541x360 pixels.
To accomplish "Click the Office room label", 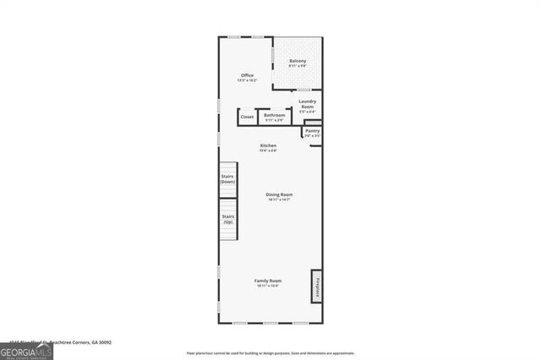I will click(247, 75).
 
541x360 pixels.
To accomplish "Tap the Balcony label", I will click(298, 61).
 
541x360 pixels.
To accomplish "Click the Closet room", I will click(247, 117).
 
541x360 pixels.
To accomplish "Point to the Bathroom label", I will click(275, 115).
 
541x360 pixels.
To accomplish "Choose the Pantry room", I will click(312, 132).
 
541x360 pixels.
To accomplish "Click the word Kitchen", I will click(268, 146).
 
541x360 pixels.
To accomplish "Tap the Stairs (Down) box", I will click(227, 179).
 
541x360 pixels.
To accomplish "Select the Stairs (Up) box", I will click(227, 219).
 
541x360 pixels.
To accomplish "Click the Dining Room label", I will click(280, 194).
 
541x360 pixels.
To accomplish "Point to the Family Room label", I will click(268, 281).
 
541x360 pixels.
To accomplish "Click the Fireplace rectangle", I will click(318, 286).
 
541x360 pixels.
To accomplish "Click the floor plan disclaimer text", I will click(270, 353).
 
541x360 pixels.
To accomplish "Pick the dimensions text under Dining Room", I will click(280, 200).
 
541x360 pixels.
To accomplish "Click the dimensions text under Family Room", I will click(268, 286).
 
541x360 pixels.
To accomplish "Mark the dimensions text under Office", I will click(247, 80).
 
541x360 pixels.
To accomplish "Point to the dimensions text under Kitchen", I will click(268, 151).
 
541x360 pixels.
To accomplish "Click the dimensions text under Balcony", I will click(298, 66).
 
